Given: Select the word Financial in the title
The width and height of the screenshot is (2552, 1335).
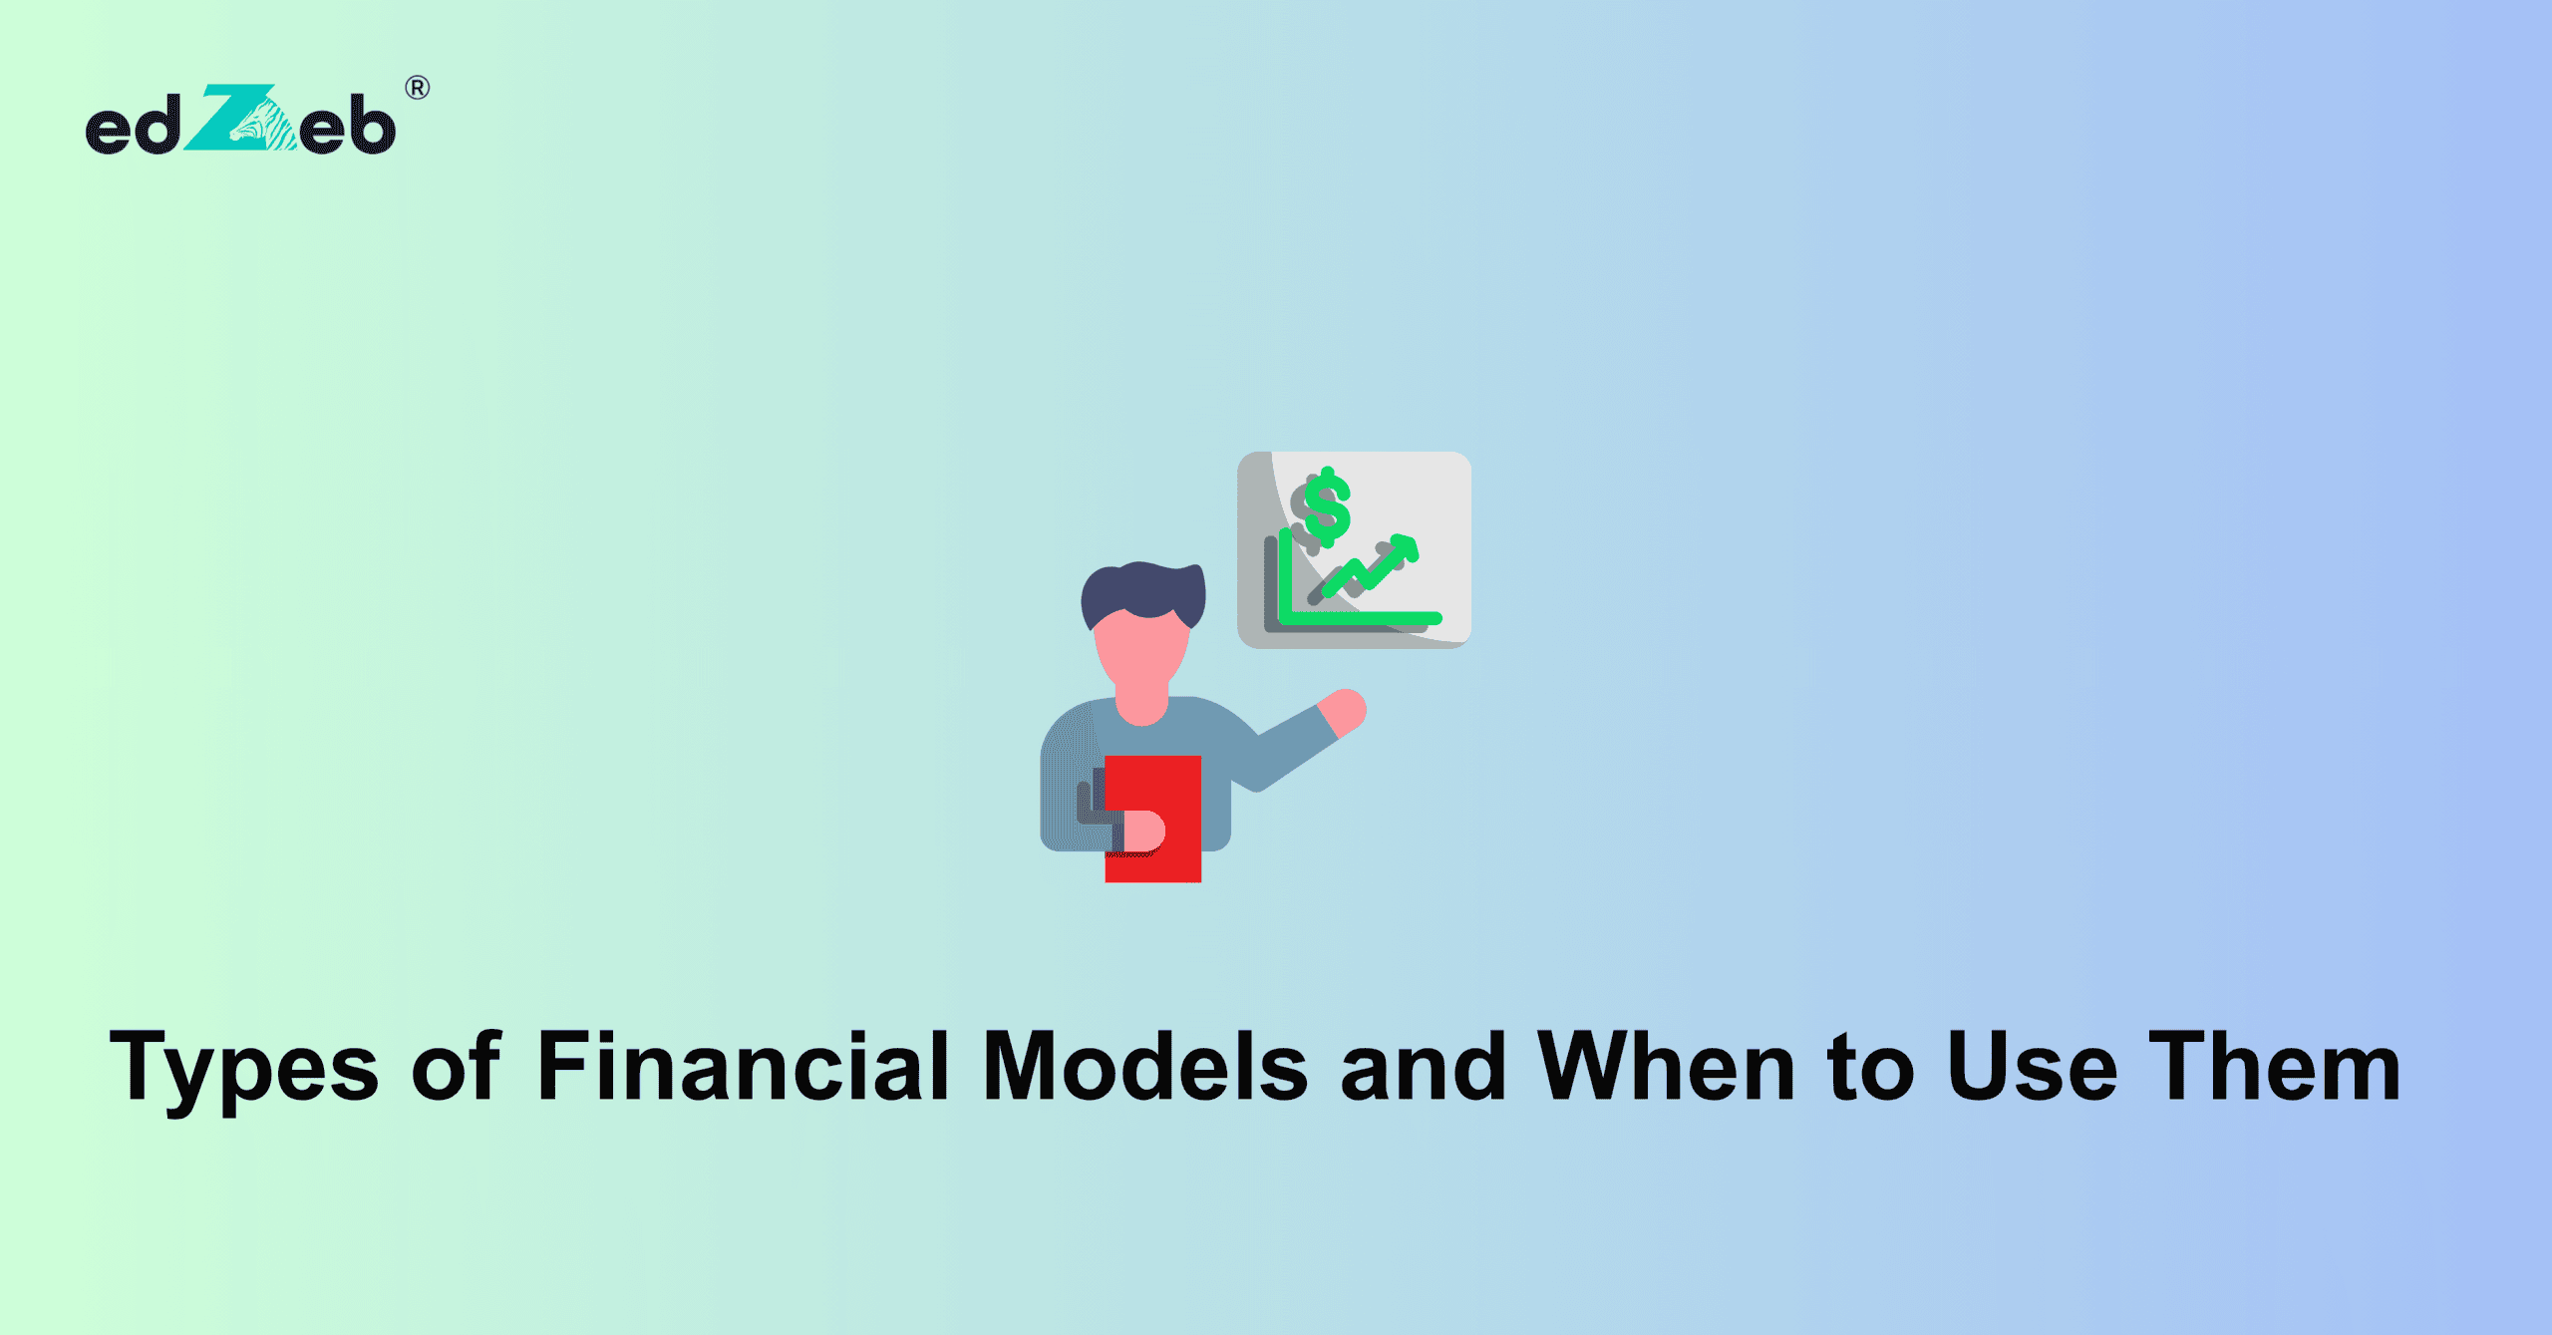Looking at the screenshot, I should (743, 1067).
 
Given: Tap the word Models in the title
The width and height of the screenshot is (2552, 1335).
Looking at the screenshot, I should (1144, 1067).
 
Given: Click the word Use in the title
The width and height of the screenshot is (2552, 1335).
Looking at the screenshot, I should (2032, 1067).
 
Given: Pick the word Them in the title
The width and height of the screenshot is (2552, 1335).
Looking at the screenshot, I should (2275, 1067).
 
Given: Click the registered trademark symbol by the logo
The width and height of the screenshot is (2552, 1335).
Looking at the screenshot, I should (418, 88).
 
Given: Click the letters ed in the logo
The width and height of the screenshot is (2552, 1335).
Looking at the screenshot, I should (133, 128).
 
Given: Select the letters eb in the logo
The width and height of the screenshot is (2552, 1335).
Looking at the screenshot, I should (347, 128).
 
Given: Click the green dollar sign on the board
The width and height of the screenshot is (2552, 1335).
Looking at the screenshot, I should (1327, 505).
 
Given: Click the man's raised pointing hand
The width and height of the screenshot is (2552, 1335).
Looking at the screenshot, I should (1343, 710).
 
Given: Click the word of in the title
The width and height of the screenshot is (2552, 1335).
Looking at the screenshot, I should (456, 1067).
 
